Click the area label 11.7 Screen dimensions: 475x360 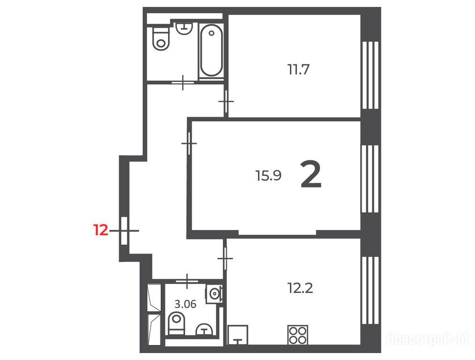[x=298, y=69]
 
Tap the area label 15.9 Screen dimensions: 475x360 [x=268, y=175]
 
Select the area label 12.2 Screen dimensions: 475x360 [x=300, y=288]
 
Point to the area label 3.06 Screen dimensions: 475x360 [x=186, y=304]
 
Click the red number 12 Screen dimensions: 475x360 [x=101, y=230]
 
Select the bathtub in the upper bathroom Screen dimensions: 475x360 [x=211, y=50]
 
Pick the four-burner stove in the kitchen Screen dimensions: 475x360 [x=298, y=335]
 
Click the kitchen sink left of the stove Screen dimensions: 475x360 [x=238, y=335]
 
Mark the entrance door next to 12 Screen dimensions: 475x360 [x=124, y=231]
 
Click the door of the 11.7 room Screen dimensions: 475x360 [x=226, y=102]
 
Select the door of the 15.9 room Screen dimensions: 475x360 [x=189, y=143]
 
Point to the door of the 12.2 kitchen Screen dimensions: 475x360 [x=225, y=258]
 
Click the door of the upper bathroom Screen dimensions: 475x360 [x=183, y=82]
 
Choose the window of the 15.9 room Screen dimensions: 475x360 [x=370, y=179]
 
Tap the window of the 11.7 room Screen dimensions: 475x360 [x=370, y=75]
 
